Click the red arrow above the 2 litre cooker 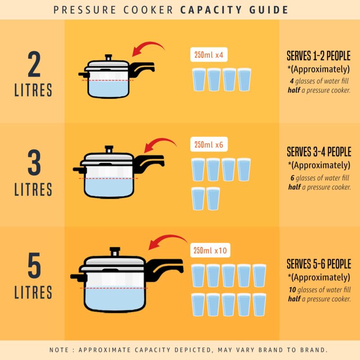tap(149, 49)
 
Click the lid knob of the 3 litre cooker tap(109, 148)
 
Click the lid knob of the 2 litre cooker tap(108, 58)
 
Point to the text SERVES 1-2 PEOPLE tap(319, 56)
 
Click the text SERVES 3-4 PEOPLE tap(319, 152)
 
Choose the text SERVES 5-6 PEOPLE tap(319, 264)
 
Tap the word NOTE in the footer tap(59, 350)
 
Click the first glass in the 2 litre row tap(198, 80)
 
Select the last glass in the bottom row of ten tap(259, 304)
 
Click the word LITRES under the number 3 tap(33, 189)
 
